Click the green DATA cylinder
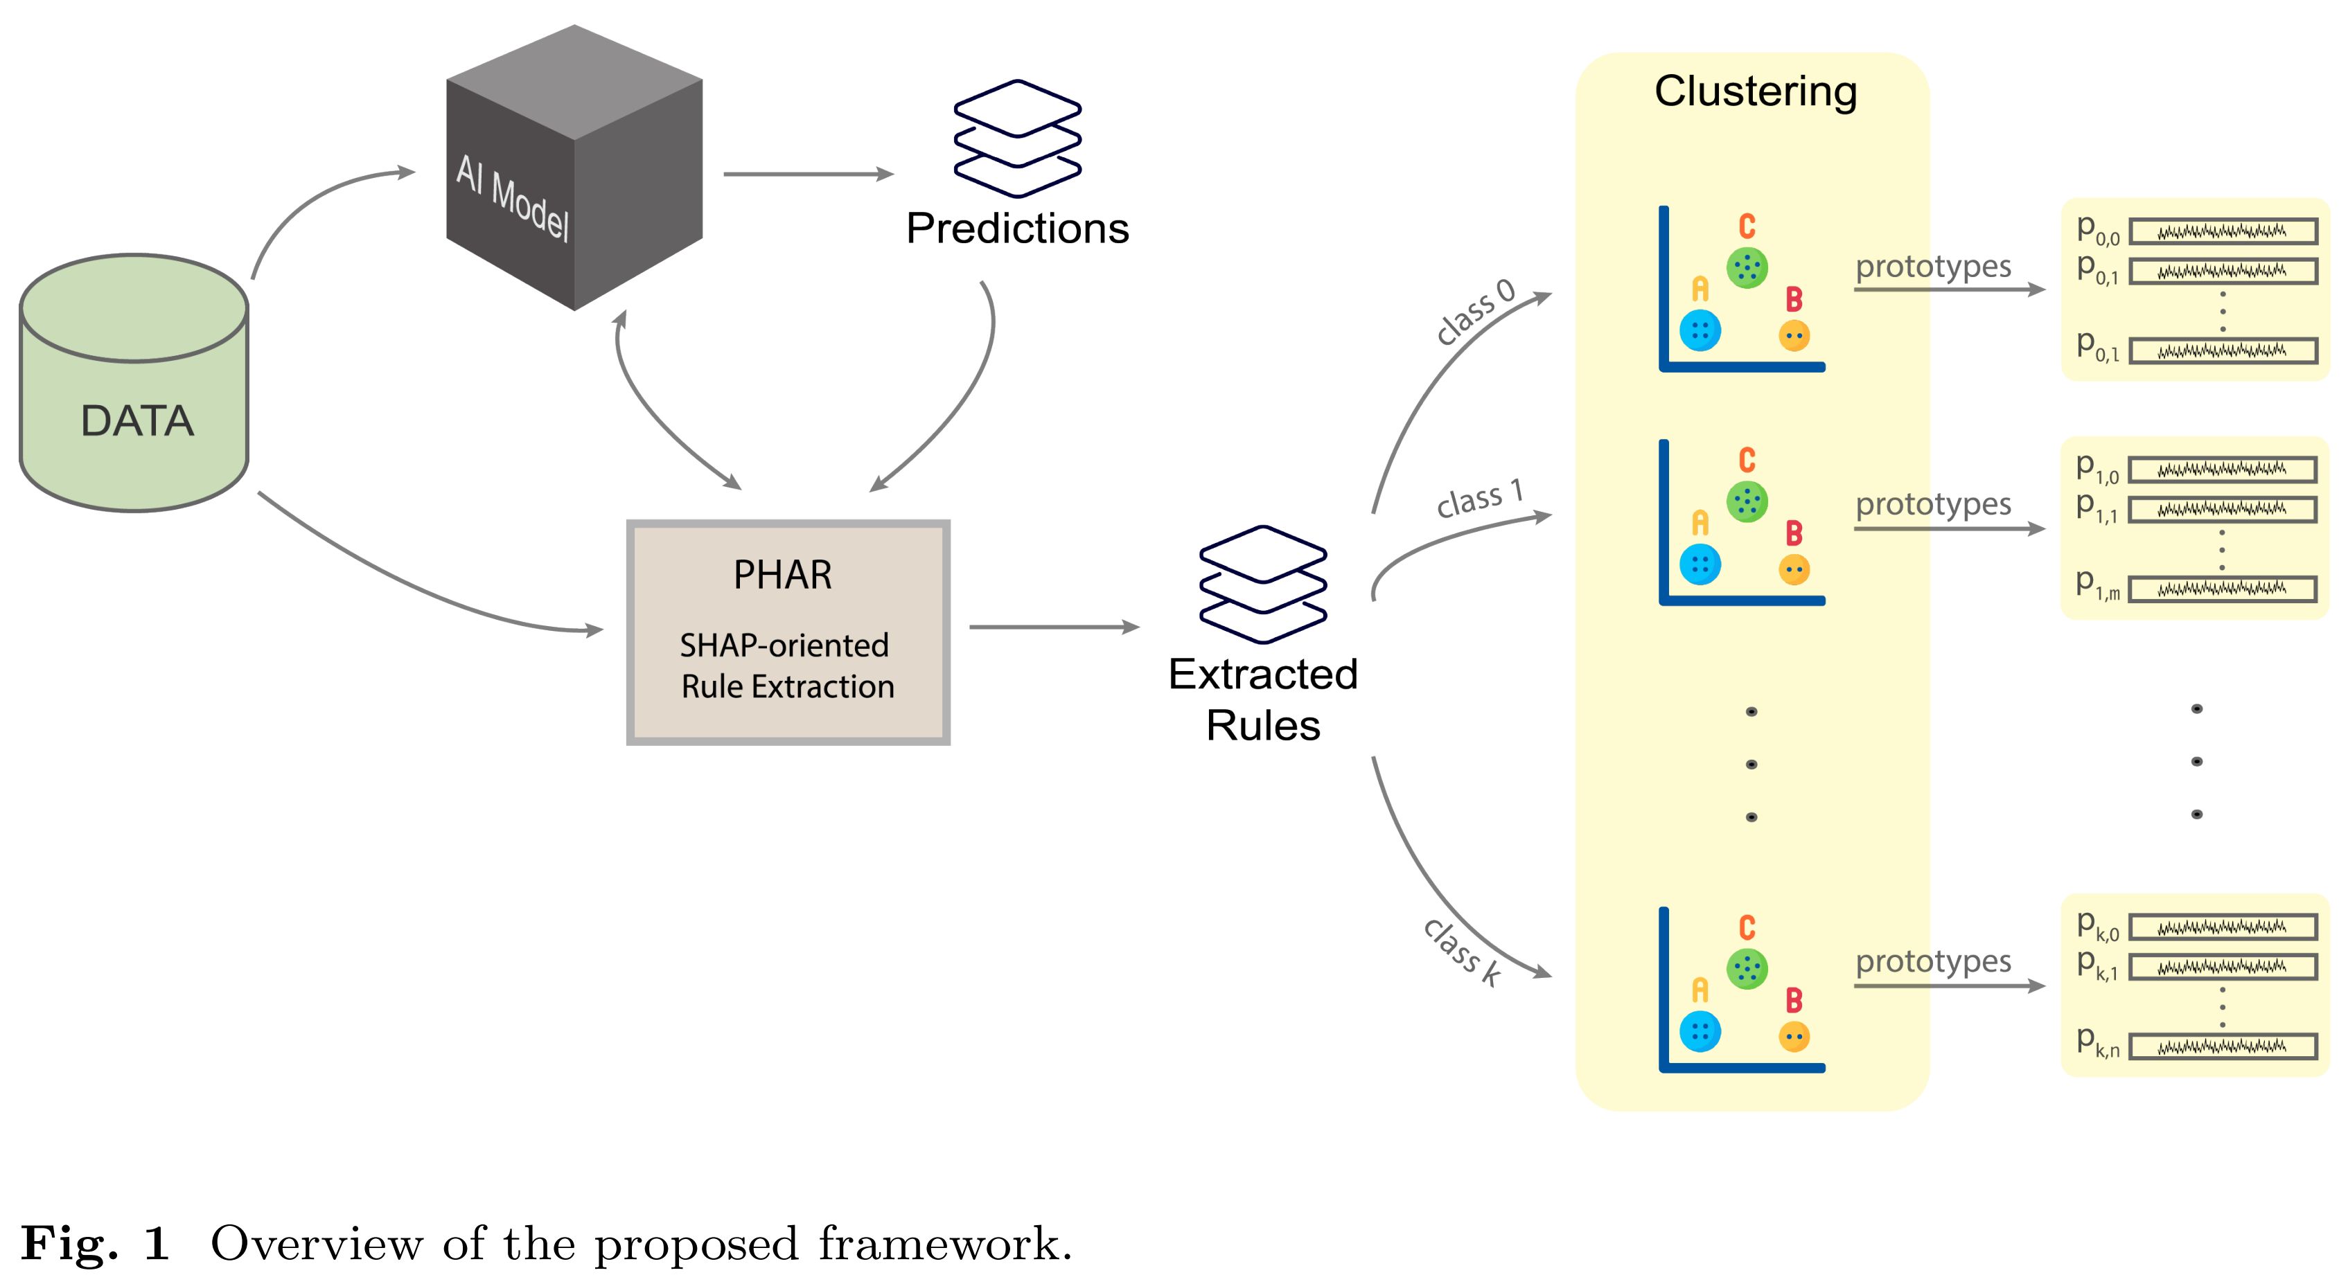(x=134, y=401)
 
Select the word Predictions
(x=1017, y=229)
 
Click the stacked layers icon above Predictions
(x=1017, y=139)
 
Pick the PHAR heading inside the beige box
(x=783, y=575)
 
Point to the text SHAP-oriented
(x=784, y=645)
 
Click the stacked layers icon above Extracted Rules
(x=1262, y=584)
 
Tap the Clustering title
(x=1755, y=91)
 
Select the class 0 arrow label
(x=1475, y=312)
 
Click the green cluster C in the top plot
(x=1747, y=267)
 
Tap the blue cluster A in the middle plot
(x=1700, y=564)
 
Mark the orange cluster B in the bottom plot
(x=1794, y=1036)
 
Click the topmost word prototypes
(x=1932, y=266)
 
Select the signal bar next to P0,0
(x=2222, y=231)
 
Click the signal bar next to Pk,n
(x=2222, y=1047)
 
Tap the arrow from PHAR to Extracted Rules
(x=1053, y=627)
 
